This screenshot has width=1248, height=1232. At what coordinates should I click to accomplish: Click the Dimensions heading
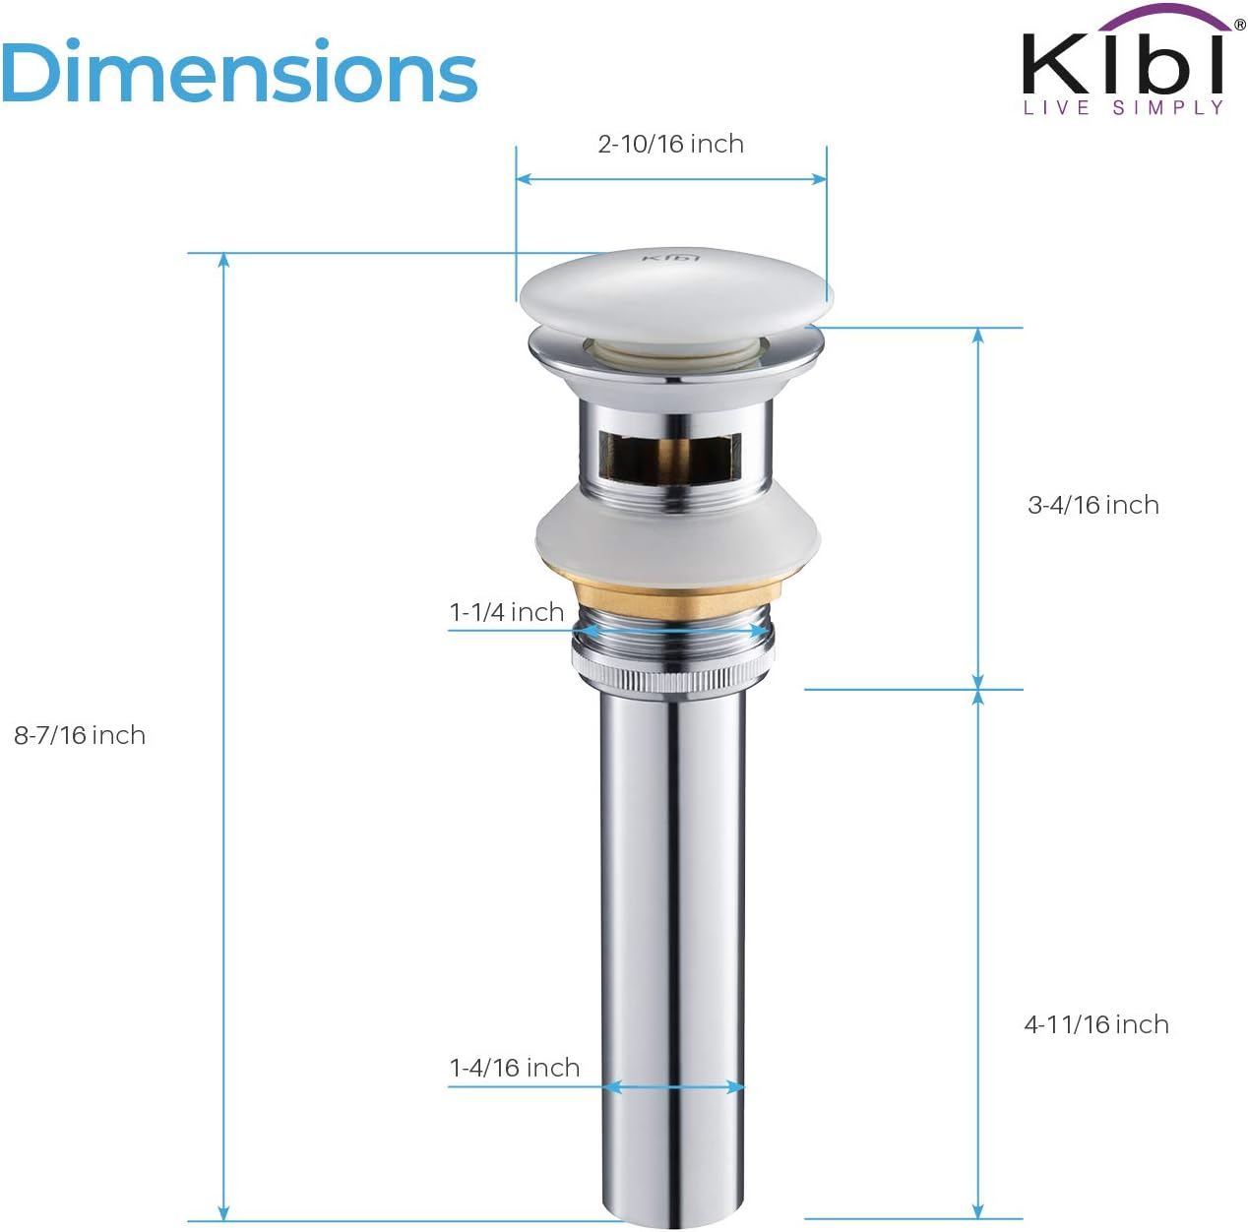(239, 73)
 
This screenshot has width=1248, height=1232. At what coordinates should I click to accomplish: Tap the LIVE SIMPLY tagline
(1123, 108)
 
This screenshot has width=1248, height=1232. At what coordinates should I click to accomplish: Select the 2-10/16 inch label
(670, 145)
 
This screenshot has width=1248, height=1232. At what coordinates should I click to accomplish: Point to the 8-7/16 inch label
(80, 736)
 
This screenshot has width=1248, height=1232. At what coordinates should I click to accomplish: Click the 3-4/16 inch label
(1092, 506)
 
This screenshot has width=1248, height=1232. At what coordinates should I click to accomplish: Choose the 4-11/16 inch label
(1095, 1025)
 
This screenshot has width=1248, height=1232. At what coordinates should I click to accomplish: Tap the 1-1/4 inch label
(507, 612)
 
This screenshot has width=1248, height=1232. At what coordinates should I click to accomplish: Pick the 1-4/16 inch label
(515, 1069)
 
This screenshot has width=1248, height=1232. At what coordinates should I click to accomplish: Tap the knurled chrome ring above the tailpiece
(673, 678)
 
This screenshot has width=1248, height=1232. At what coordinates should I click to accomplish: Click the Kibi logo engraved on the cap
(671, 258)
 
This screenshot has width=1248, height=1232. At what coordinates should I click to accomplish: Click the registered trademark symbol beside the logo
(1238, 27)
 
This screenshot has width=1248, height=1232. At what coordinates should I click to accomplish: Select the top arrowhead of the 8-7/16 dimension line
(224, 261)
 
